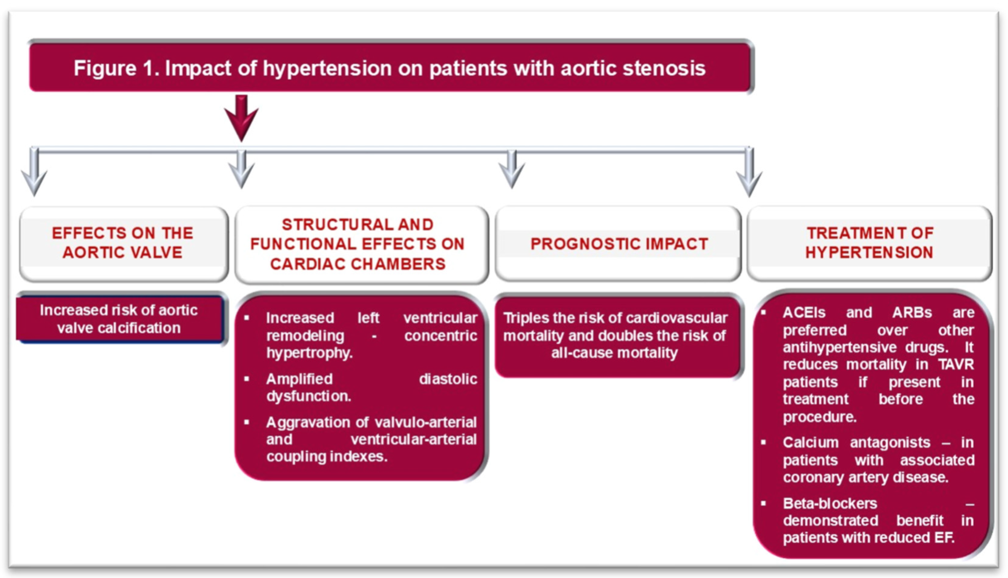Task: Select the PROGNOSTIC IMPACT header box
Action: point(618,244)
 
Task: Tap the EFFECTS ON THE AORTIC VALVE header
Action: point(123,243)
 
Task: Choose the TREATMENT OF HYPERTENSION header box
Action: point(869,243)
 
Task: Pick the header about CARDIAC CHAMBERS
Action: point(358,244)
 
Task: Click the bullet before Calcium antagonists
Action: point(763,442)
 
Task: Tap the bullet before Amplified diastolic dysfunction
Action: point(247,379)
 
